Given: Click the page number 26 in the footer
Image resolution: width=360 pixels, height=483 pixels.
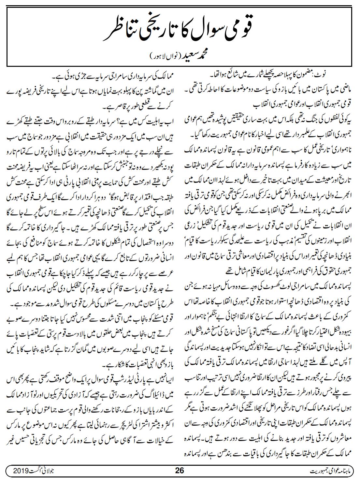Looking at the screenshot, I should click(x=180, y=471).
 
